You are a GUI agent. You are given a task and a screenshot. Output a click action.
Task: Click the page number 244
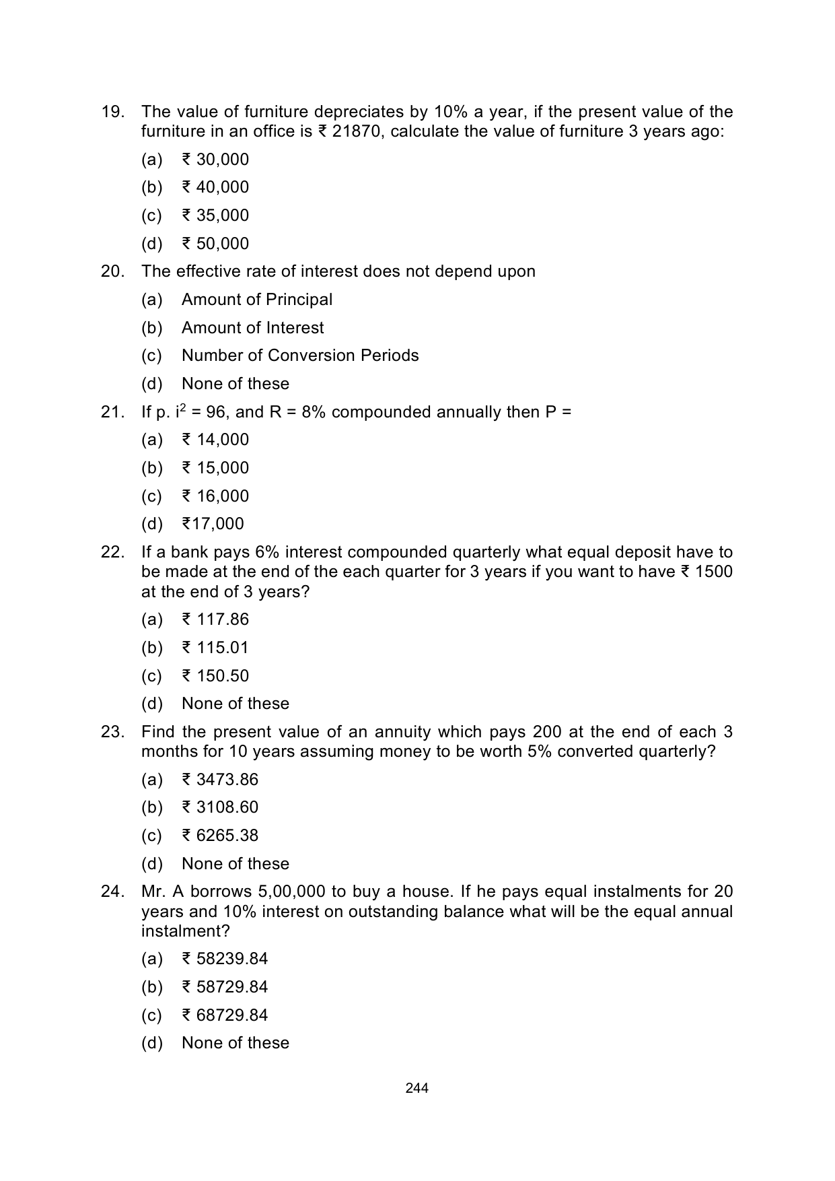point(417,1088)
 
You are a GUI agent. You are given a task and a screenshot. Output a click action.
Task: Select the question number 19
point(112,112)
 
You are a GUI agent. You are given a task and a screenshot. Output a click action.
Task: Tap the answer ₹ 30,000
point(215,160)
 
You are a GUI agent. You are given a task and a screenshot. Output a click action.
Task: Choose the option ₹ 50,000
point(215,244)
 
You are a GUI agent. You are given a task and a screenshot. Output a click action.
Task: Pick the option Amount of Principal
point(257,300)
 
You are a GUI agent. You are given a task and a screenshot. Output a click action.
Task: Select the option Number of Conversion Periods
point(300,356)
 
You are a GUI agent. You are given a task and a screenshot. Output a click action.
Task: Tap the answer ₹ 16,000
point(215,496)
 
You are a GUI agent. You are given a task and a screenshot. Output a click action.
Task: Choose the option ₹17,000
point(213,524)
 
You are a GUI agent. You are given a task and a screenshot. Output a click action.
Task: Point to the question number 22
point(112,553)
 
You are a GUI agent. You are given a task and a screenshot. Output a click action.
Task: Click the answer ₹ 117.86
point(215,619)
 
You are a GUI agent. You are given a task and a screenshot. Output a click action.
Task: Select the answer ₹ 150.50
point(215,676)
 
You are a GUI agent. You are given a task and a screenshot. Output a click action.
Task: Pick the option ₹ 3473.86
point(220,780)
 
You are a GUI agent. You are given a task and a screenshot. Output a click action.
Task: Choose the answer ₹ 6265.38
point(220,836)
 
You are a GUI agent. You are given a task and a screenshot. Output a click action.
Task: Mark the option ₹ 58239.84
point(225,959)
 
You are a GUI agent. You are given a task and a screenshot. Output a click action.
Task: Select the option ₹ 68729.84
point(225,1015)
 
